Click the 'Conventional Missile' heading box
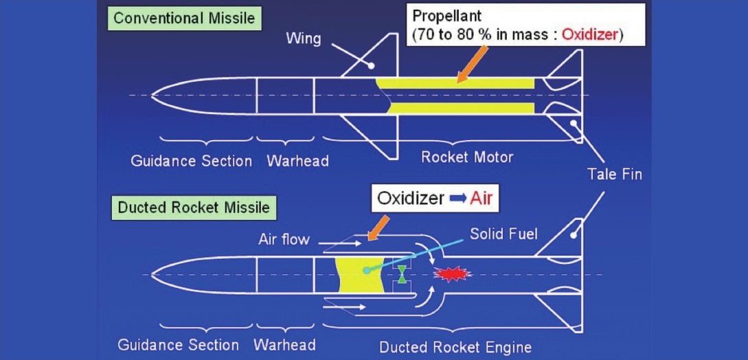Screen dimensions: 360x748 coord(183,18)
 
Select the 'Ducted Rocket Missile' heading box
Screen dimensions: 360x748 coord(194,206)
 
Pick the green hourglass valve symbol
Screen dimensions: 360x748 coord(402,274)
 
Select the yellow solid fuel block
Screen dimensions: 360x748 coord(359,275)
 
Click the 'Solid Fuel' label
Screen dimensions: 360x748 coord(503,234)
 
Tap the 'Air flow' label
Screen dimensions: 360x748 coord(284,240)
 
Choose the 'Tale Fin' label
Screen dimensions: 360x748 coord(614,174)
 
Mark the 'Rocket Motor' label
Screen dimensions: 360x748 coord(467,157)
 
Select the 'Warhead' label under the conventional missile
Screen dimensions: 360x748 coord(297,161)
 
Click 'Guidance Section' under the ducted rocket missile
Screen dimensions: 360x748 coord(179,345)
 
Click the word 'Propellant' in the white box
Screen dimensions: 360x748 coord(447,14)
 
